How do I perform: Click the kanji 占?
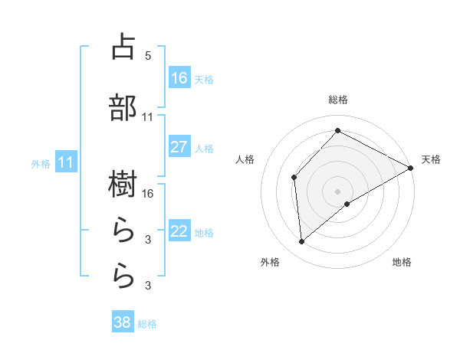[x=123, y=47]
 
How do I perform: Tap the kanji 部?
[x=123, y=108]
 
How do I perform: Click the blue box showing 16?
[x=179, y=77]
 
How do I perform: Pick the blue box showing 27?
[x=179, y=147]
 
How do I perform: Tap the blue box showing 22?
[x=179, y=231]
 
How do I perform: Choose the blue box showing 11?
[x=66, y=162]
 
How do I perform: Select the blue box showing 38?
[x=123, y=322]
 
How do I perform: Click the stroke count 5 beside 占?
[x=148, y=56]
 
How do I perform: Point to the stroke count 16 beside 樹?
[x=149, y=193]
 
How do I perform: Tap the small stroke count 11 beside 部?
[x=148, y=116]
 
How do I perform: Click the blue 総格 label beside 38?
[x=147, y=324]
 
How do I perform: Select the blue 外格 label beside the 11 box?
[x=41, y=163]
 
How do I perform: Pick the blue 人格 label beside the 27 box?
[x=204, y=148]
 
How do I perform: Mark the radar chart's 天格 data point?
[x=411, y=169]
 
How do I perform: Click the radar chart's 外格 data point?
[x=302, y=242]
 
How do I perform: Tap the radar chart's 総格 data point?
[x=337, y=130]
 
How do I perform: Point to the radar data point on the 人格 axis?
[x=294, y=178]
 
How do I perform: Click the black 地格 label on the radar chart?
[x=402, y=262]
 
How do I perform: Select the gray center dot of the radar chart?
[x=338, y=191]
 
